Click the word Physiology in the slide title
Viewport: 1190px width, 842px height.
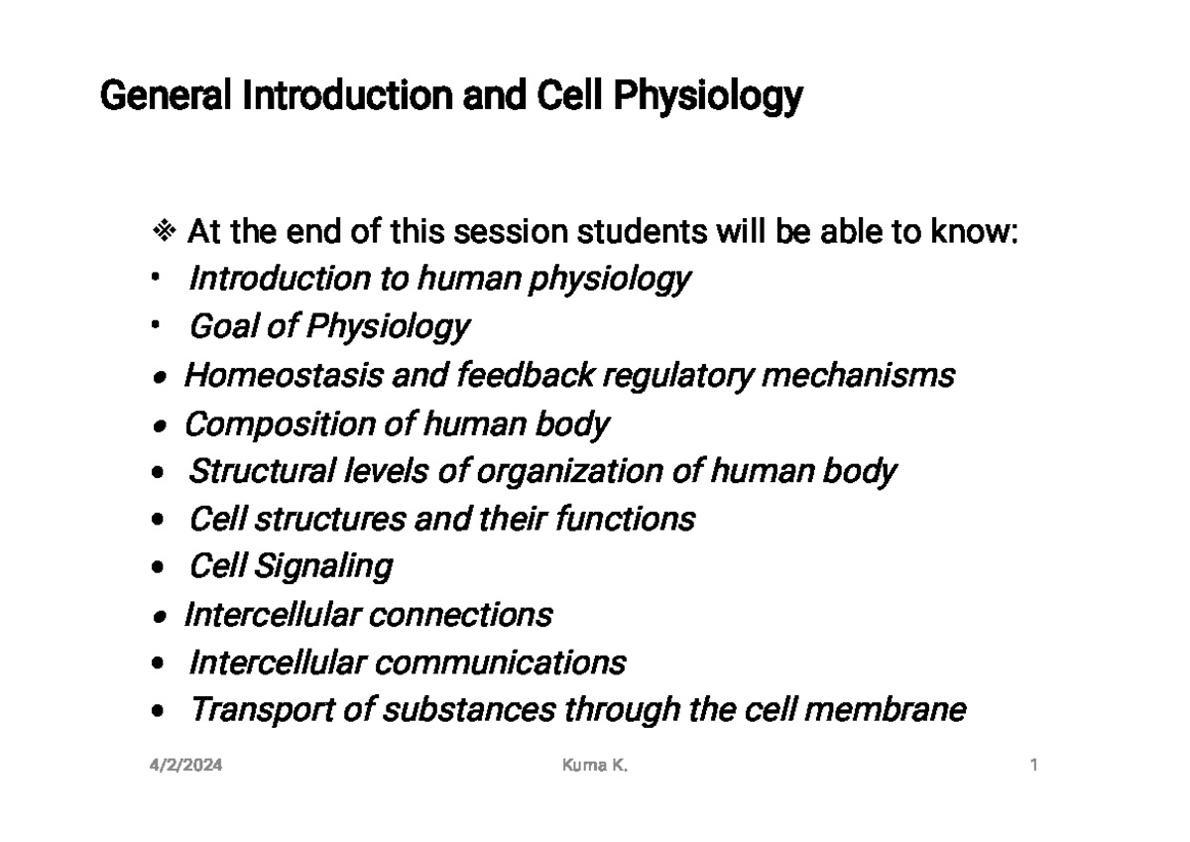point(708,98)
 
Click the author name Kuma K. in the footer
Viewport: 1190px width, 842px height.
point(595,766)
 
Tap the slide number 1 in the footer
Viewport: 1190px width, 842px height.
point(1033,766)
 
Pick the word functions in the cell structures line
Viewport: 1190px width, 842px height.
point(634,519)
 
